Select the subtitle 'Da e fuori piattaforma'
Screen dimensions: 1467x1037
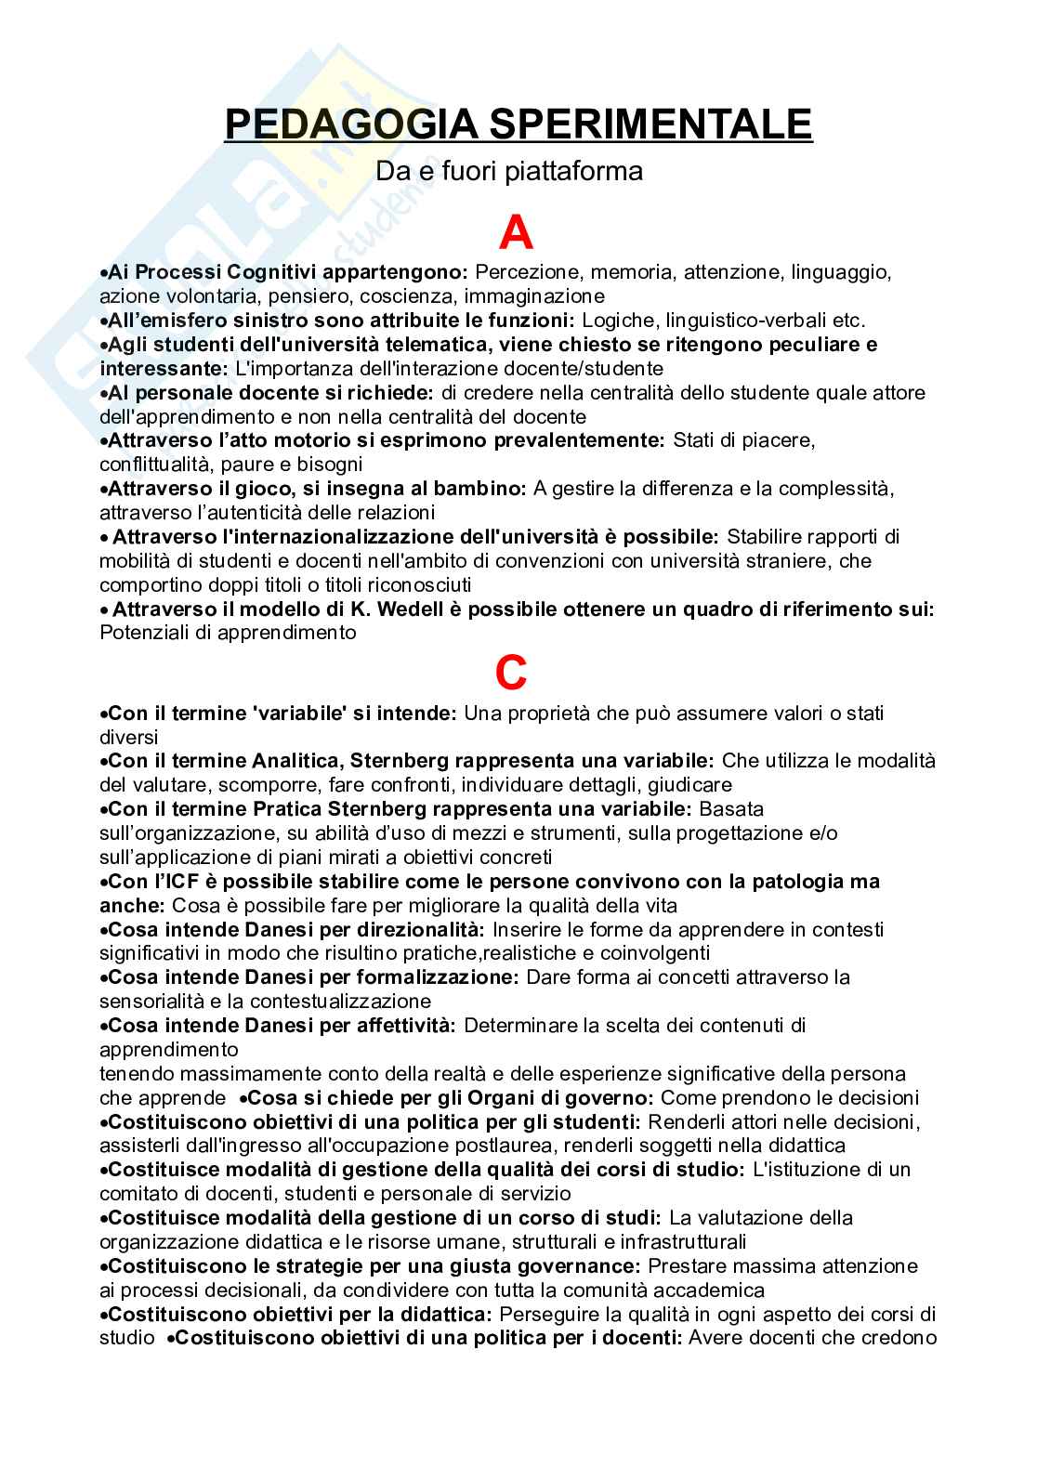[508, 172]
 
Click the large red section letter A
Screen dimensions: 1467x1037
[517, 232]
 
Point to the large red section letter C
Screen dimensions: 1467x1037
[511, 674]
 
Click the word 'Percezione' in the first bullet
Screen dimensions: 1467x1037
[516, 272]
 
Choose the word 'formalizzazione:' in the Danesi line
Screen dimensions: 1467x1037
[436, 977]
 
